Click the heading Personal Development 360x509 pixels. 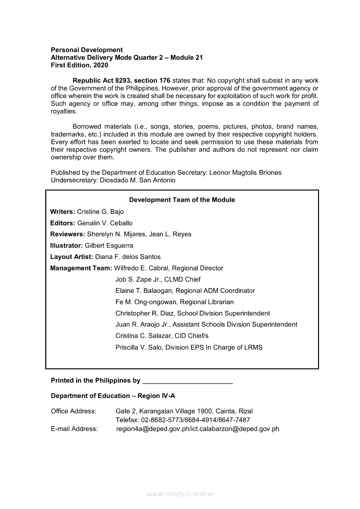[x=87, y=50]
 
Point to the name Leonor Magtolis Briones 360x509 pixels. [x=245, y=173]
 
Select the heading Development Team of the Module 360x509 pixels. [x=182, y=200]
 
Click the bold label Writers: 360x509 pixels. [x=63, y=212]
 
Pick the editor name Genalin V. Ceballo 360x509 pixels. [x=105, y=223]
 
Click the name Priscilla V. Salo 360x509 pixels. [x=139, y=347]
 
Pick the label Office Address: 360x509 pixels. [x=74, y=411]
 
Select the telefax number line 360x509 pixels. [x=183, y=420]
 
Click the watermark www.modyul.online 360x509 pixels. [x=180, y=494]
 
